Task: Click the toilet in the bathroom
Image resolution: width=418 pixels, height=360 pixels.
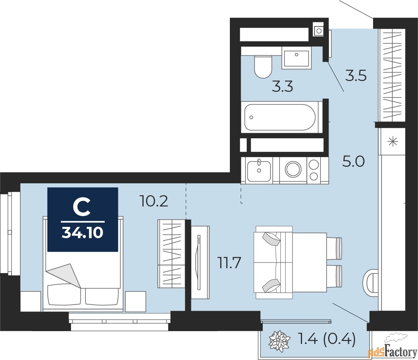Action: pos(263,67)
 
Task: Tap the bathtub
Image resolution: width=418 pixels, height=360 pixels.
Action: pos(280,117)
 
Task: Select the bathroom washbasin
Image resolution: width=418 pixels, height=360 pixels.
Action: pos(296,57)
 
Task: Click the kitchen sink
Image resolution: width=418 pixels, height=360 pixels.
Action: pos(259,170)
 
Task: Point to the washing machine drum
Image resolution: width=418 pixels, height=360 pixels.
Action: pos(293,169)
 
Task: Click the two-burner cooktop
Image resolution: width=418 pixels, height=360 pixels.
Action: pos(314,170)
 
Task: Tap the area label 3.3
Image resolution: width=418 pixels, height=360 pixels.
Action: pos(282,87)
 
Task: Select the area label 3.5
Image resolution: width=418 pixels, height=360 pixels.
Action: pos(356,76)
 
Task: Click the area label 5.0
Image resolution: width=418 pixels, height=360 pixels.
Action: pos(353,162)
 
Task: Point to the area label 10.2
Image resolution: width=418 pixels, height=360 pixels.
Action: pos(154,201)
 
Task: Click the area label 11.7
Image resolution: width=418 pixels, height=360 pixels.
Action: pos(229,263)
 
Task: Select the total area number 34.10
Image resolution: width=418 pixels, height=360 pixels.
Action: pos(82,233)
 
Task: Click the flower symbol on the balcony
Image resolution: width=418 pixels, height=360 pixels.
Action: pos(279,340)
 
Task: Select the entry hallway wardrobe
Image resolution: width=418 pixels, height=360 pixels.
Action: pos(392,75)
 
